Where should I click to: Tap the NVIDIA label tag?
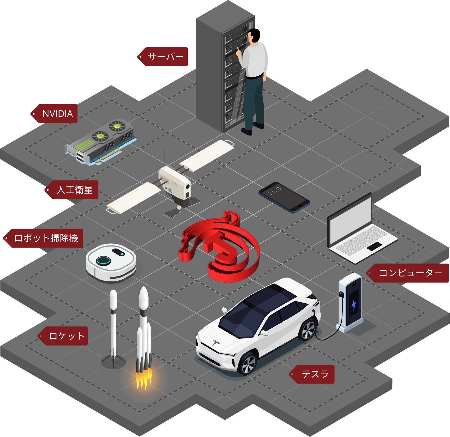coord(57,114)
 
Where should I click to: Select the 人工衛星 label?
coord(74,190)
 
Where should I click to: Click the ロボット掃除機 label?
coord(46,238)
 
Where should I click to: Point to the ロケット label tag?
coord(66,336)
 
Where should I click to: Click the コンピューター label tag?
coord(410,273)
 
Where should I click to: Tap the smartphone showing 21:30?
coord(284,197)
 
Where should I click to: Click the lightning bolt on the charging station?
coord(354,305)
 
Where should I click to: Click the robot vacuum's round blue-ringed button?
coord(103,260)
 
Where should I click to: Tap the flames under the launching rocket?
coord(144,379)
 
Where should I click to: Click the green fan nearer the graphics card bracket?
coord(100,136)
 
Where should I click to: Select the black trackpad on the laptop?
coord(374,246)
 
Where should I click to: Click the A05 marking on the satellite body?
coord(168,189)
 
